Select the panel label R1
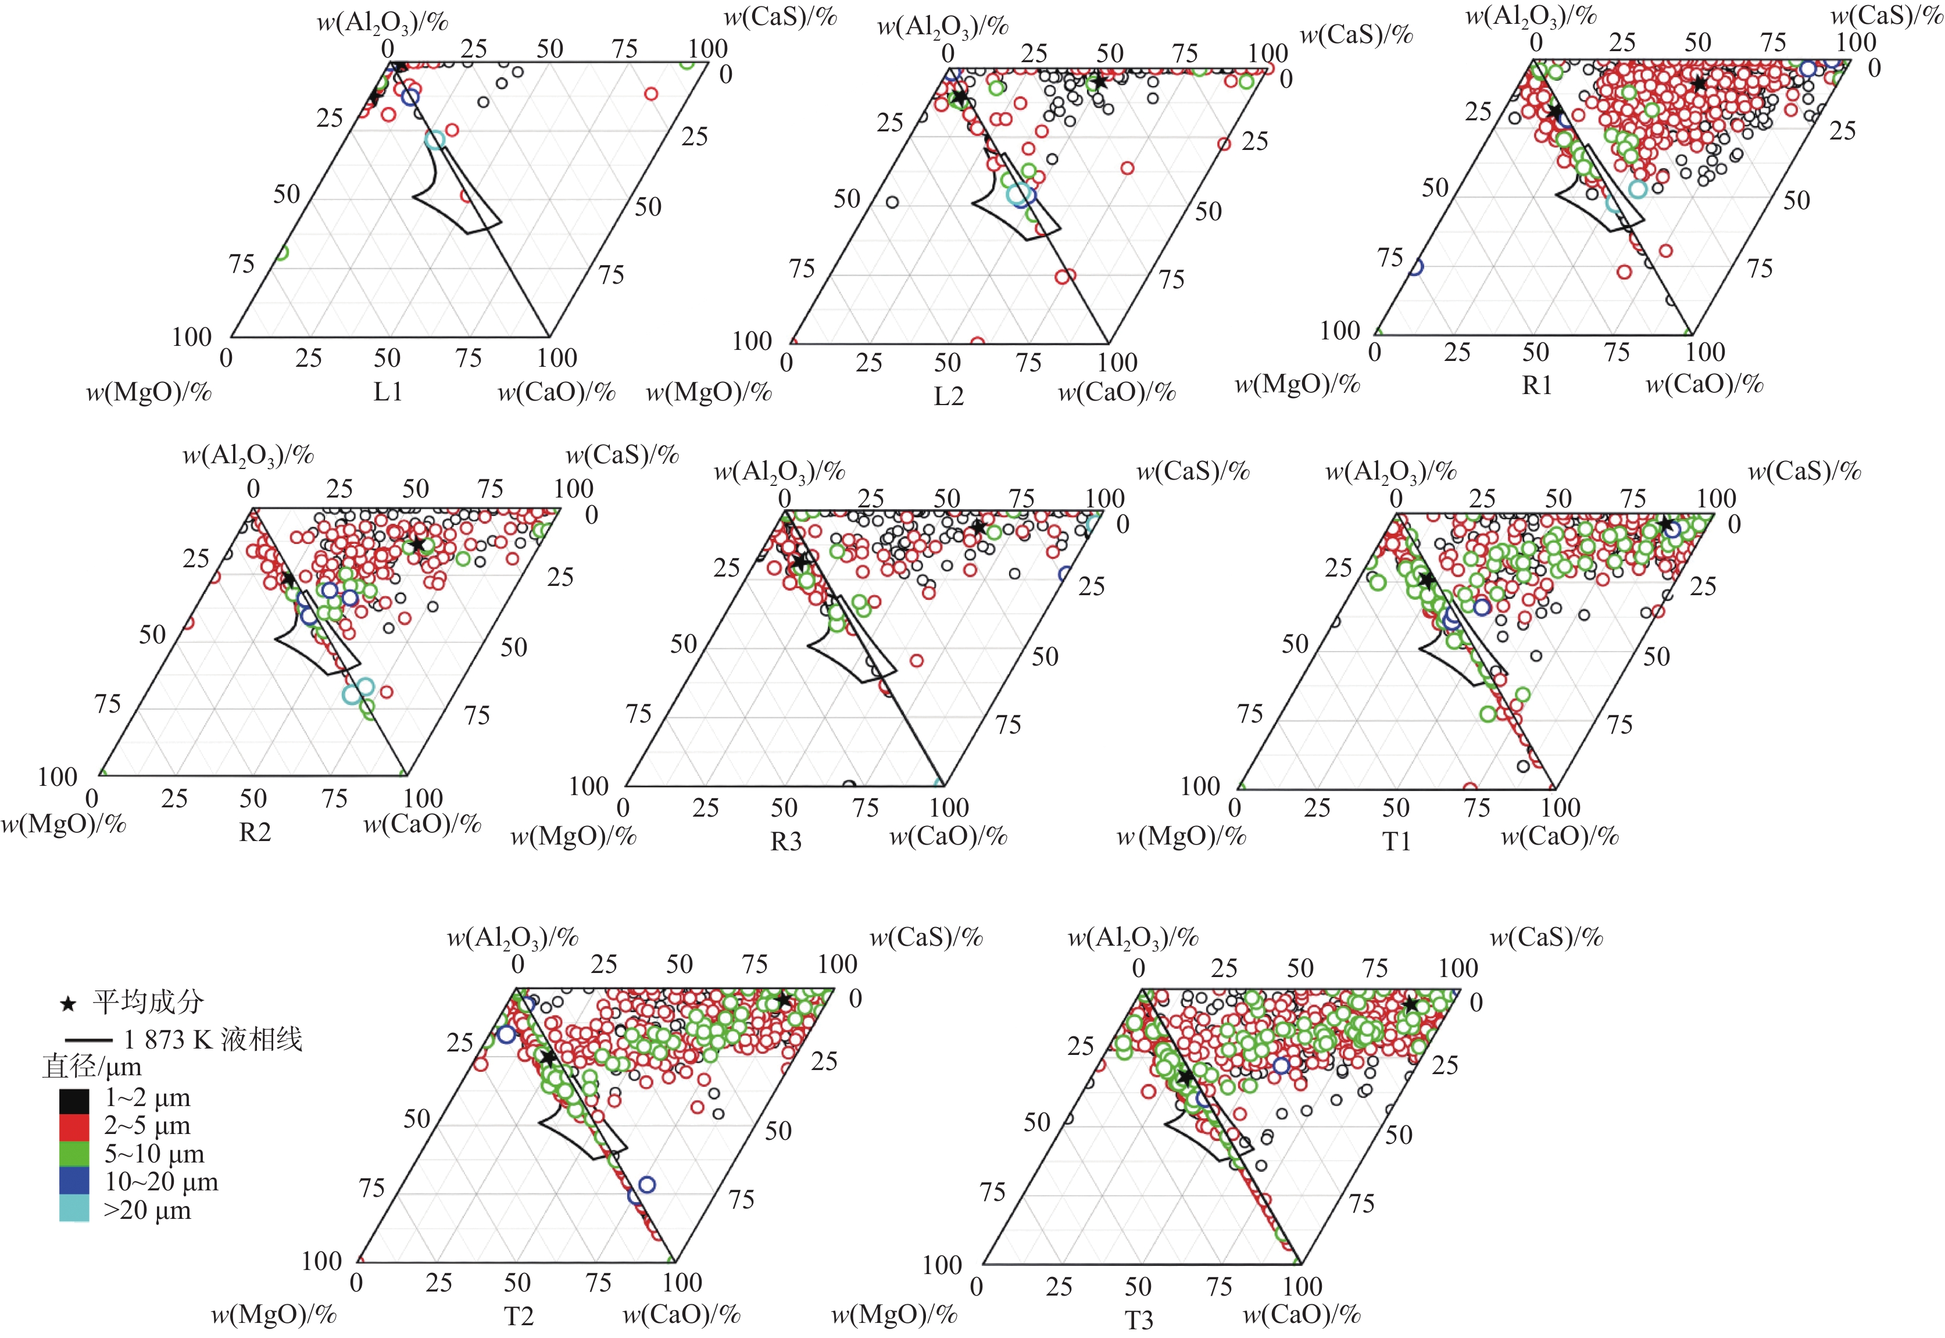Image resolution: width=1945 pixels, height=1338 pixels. pos(1537,385)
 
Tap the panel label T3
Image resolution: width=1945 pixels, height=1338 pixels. pos(1139,1321)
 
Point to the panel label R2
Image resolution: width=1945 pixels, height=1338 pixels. pos(255,832)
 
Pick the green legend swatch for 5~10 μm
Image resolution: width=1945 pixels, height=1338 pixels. pos(74,1154)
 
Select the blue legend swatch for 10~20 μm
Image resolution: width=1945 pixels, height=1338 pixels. pos(74,1181)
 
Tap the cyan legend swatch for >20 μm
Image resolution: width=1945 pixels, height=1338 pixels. pos(74,1209)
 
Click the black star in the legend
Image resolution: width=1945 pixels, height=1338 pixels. pos(69,1003)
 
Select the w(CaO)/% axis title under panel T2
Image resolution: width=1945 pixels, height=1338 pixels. pos(681,1314)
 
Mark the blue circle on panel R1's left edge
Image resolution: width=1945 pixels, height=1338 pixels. pos(1415,267)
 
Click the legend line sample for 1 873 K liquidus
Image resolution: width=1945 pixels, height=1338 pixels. pos(88,1040)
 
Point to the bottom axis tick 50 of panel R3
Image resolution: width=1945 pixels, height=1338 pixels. pos(784,807)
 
